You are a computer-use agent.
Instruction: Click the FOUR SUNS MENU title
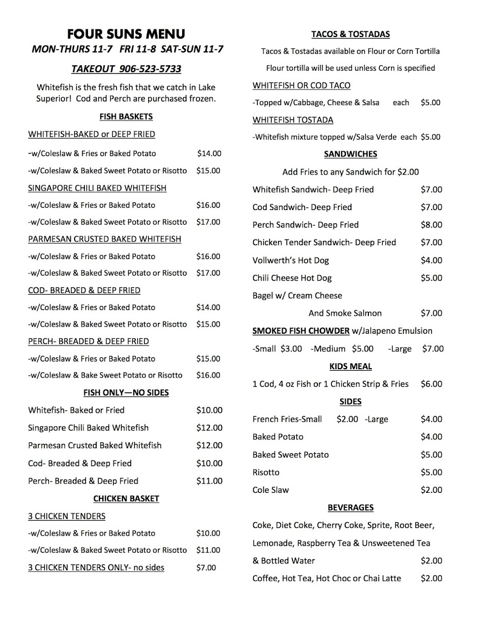tap(126, 35)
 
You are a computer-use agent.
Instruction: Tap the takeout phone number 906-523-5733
tap(150, 68)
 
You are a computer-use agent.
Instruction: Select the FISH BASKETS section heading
tap(126, 117)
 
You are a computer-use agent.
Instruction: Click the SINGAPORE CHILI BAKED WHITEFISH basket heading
tap(97, 188)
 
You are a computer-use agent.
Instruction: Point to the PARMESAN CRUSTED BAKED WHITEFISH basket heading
tap(104, 239)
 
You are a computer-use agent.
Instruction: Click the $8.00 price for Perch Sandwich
tap(431, 225)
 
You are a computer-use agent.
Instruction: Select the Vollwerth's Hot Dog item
tap(291, 260)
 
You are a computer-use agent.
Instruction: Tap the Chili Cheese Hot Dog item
tap(292, 278)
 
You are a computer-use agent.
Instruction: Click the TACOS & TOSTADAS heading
tap(350, 35)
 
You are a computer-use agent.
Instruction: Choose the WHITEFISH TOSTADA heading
tap(293, 120)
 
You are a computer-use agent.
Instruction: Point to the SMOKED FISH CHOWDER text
tap(301, 331)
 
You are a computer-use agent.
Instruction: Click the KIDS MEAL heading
tap(350, 367)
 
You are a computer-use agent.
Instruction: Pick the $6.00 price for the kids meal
tap(431, 384)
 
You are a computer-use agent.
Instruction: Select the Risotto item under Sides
tap(266, 472)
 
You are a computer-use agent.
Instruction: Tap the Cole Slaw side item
tap(271, 490)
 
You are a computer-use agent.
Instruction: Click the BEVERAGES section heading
tap(350, 508)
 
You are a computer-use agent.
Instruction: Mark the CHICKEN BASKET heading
tap(126, 499)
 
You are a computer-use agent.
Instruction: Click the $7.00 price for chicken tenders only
tap(206, 568)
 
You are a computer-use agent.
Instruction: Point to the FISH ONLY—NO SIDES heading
tap(126, 392)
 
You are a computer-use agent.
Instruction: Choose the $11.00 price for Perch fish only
tap(209, 481)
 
